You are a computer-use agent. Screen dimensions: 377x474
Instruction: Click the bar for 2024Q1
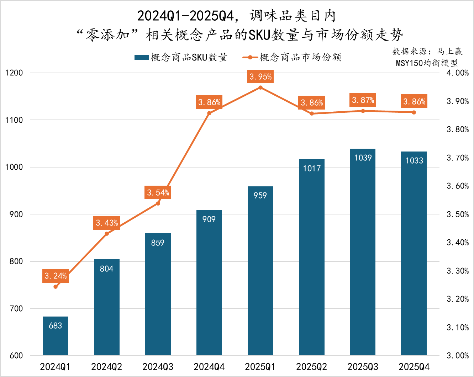tap(56, 336)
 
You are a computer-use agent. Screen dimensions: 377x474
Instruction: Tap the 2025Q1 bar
tap(260, 270)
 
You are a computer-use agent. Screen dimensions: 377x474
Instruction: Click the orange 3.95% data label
tap(260, 76)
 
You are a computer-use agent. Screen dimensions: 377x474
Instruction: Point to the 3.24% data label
tap(56, 276)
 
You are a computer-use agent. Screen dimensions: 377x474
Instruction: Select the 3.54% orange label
tap(158, 192)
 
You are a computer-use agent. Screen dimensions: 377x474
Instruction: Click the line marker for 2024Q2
tap(107, 234)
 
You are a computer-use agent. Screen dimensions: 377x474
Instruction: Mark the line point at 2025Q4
tap(414, 112)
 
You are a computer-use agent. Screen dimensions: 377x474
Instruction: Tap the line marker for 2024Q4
tap(209, 113)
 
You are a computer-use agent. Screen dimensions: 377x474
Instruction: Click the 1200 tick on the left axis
tap(14, 73)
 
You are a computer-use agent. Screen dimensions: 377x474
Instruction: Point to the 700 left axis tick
tap(16, 309)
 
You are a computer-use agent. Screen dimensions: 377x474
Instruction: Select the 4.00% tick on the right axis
tap(458, 73)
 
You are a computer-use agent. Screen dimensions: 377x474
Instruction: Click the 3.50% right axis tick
tap(458, 214)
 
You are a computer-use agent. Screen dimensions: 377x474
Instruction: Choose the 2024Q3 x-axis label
tap(158, 367)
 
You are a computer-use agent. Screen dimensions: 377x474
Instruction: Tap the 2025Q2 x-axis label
tap(311, 367)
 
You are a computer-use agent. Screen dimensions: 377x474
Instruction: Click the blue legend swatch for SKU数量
tap(141, 57)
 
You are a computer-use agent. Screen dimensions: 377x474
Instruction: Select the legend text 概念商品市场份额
tap(300, 57)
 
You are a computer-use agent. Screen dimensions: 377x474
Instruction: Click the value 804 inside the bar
tap(106, 269)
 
